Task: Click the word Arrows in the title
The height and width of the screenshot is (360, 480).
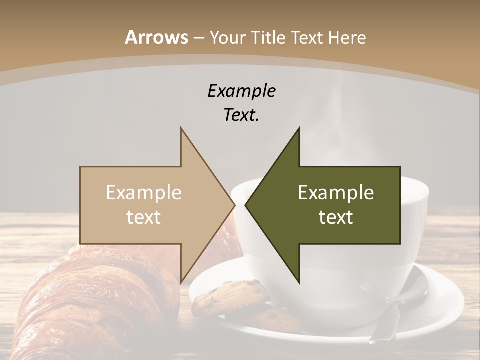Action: point(156,37)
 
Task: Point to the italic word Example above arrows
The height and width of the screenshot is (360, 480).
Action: point(241,91)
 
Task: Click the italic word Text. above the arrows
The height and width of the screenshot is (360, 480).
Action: point(241,115)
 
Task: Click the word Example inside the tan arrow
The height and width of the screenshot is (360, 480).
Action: point(144,193)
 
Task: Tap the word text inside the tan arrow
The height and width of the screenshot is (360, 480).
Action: point(144,217)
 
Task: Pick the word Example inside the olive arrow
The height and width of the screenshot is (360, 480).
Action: point(336,193)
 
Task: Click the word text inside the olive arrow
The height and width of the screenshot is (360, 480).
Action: point(336,217)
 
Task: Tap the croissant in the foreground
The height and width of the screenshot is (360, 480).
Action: point(90,300)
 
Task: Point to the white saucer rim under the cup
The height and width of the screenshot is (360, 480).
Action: point(450,300)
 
